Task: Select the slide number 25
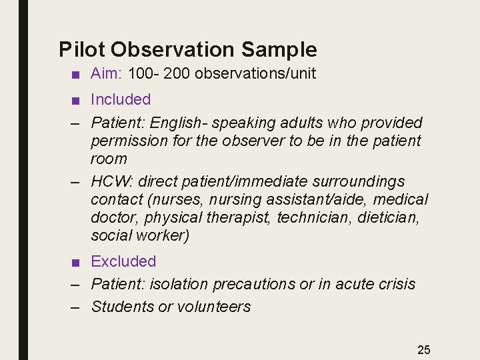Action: click(x=424, y=349)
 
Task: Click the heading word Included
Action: click(x=121, y=99)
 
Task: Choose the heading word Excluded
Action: click(x=123, y=261)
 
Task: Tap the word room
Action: click(x=109, y=159)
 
